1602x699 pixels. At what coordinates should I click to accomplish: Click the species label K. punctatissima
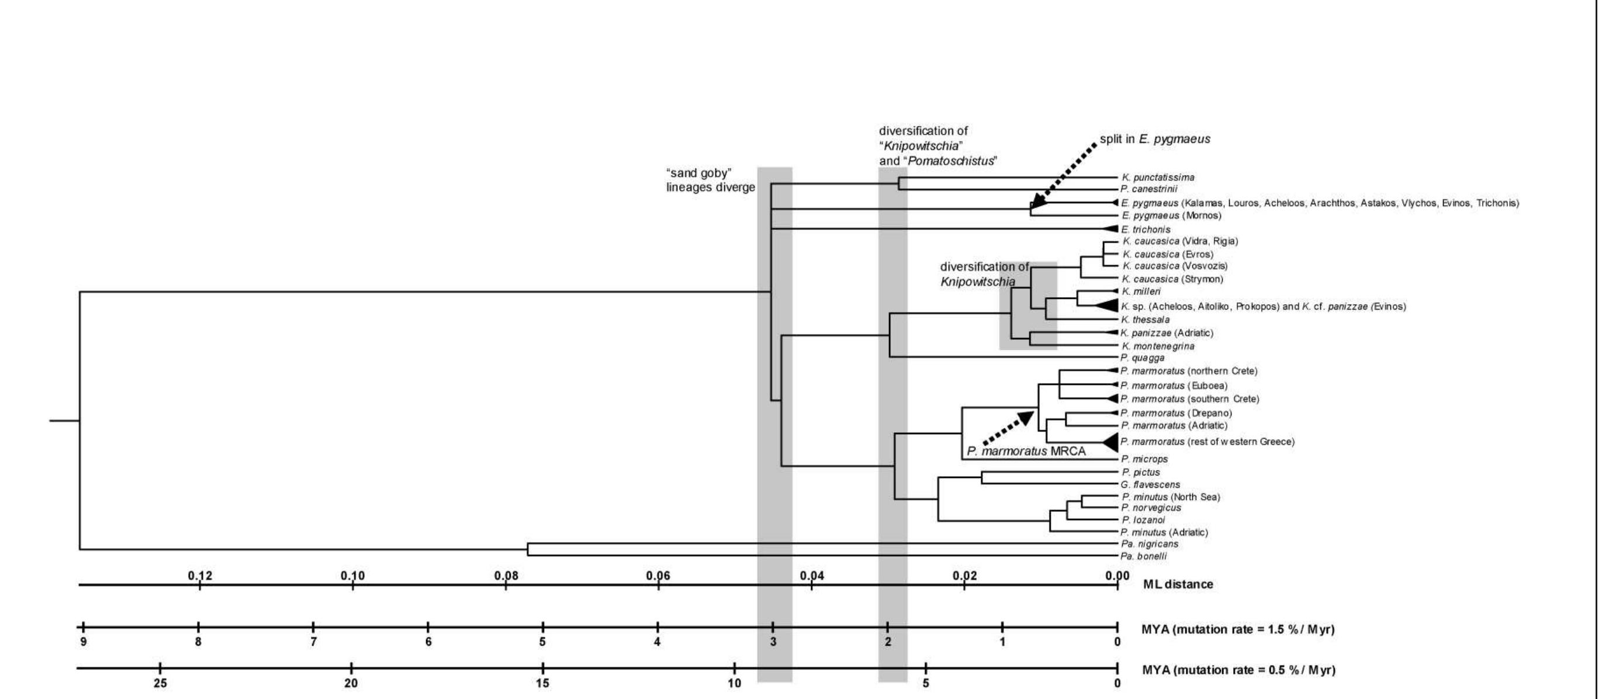coord(1158,177)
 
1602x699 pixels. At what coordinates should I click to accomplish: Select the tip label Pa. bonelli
coord(1143,556)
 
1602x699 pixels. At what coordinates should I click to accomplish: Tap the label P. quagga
coord(1143,358)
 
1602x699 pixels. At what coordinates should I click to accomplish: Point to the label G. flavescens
coord(1150,485)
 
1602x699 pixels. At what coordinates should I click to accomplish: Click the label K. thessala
coord(1145,320)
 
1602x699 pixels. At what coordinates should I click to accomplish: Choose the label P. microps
coord(1144,459)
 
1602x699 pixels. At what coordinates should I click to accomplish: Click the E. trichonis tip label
coord(1146,230)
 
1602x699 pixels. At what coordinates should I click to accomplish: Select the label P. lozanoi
coord(1144,521)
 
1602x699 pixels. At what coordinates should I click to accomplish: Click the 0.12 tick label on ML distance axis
coord(200,576)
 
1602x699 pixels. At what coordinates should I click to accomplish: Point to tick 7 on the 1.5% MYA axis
coord(313,628)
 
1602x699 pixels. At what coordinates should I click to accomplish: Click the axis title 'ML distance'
coord(1178,584)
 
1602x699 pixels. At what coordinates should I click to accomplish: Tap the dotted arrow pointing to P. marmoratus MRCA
coord(1008,428)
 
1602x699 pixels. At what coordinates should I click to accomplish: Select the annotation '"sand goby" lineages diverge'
coord(710,181)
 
